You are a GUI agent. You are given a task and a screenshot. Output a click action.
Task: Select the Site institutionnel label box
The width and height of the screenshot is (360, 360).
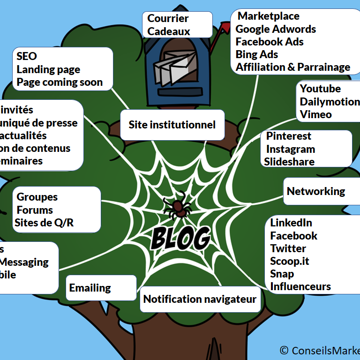pos(172,125)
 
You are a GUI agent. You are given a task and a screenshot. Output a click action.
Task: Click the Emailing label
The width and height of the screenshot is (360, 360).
pos(90,288)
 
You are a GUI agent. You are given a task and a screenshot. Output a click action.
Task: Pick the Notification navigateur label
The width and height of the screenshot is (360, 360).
pos(200,299)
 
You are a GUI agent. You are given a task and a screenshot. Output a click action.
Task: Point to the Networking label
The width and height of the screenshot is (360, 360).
pos(315,191)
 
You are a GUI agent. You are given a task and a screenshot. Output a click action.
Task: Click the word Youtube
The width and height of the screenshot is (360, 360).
pos(320,89)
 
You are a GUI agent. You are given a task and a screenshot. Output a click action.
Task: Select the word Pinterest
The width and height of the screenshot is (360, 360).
pos(289,136)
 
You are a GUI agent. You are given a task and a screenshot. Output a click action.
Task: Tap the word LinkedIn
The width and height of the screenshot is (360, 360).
pos(291,223)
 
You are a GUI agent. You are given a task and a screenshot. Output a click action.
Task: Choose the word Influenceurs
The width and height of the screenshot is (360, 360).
pos(300,286)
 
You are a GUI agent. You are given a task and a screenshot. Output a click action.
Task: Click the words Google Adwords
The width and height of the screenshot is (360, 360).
pos(276,29)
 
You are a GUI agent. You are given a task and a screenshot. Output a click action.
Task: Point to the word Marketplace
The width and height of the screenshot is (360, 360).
pos(269,16)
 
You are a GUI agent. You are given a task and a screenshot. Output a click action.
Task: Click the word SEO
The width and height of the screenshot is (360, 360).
pos(26,56)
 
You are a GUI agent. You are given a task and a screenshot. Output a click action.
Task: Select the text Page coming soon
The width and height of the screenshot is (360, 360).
pos(60,82)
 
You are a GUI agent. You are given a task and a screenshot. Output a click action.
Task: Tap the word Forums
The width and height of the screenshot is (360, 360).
pos(35,210)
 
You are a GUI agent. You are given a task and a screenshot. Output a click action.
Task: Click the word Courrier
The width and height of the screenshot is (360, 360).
pos(168,19)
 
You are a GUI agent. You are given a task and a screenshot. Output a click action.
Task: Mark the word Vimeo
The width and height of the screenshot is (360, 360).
pos(315,114)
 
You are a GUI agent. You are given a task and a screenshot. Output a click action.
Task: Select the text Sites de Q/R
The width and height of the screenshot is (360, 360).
pos(44,223)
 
